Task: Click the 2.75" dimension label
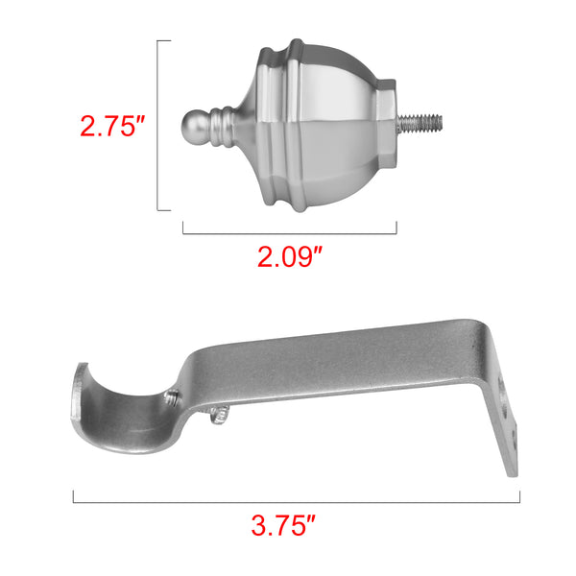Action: tap(112, 127)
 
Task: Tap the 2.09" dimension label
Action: tap(290, 256)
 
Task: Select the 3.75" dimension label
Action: tap(283, 525)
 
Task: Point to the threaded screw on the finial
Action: tap(420, 124)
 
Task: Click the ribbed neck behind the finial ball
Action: tap(222, 127)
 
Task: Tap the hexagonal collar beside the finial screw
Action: tap(387, 125)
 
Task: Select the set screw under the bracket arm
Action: tap(219, 415)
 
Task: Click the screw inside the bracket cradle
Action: tap(173, 398)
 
